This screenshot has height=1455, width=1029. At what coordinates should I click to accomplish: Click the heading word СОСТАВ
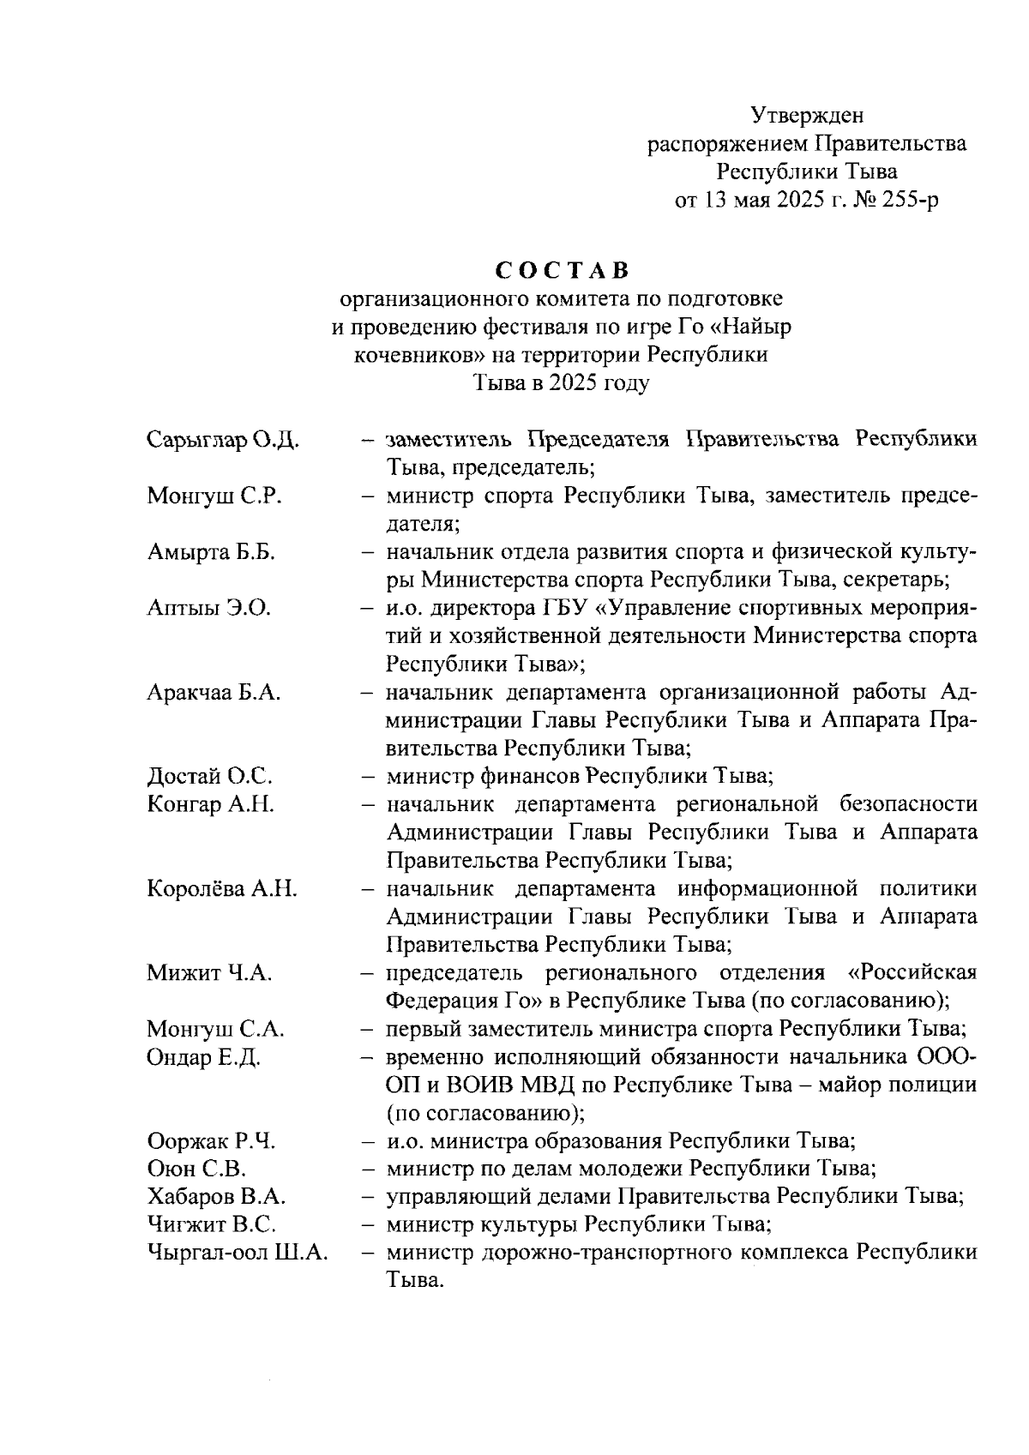tap(563, 271)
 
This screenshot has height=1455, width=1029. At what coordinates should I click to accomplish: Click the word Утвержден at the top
tap(807, 114)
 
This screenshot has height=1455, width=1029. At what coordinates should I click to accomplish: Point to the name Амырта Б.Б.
tap(210, 553)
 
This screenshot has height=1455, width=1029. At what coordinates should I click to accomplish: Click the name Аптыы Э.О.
tap(208, 609)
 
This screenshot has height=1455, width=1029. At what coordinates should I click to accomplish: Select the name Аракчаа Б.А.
tap(214, 693)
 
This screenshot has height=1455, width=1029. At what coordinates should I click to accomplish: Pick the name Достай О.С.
tap(209, 777)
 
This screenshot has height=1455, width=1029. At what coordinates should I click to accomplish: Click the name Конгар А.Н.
tap(210, 804)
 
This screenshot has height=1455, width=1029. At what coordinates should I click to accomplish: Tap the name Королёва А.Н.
tap(222, 889)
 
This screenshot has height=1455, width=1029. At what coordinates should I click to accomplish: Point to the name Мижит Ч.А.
tap(209, 973)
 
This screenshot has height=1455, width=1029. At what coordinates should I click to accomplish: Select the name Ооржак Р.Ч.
tap(211, 1142)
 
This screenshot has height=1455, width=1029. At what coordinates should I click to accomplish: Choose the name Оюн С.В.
tap(196, 1169)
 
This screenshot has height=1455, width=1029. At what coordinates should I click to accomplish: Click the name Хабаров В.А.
tap(216, 1197)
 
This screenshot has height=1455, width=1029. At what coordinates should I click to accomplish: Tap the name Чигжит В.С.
tap(211, 1224)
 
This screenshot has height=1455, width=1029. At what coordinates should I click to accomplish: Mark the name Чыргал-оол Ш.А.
tap(238, 1253)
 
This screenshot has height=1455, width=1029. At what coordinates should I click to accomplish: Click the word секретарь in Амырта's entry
tap(895, 580)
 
